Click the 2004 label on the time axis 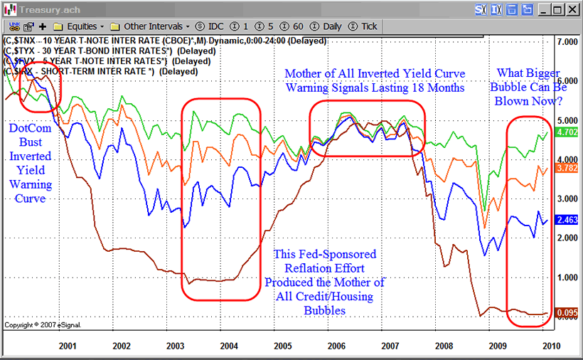(228, 346)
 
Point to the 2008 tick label (444, 346)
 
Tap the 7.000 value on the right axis (567, 43)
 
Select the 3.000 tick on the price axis (567, 199)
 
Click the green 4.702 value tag (567, 132)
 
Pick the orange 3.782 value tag (567, 168)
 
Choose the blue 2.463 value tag (567, 220)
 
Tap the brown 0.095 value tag (567, 312)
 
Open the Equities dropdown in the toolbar (81, 26)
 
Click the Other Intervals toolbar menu (151, 26)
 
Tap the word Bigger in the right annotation (540, 73)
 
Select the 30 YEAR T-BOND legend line (100, 52)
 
